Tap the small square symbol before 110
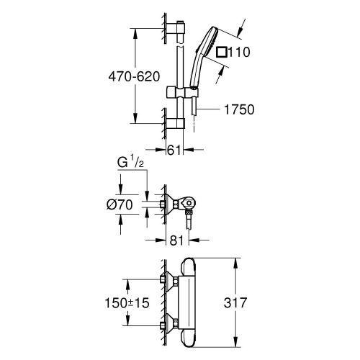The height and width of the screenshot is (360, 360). click(x=222, y=52)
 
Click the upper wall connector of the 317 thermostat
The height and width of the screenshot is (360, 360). click(x=172, y=282)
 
